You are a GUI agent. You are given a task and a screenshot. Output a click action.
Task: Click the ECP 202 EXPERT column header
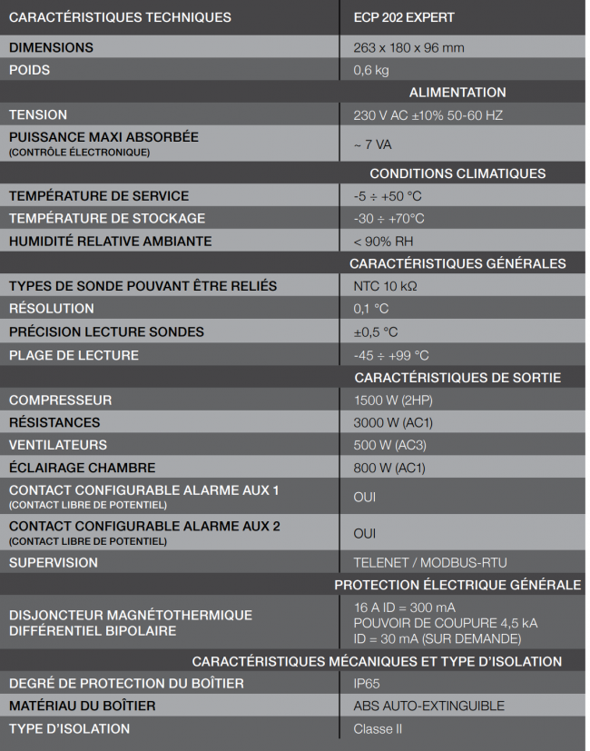pos(404,17)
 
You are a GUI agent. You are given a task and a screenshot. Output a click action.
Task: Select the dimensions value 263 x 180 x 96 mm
pos(408,47)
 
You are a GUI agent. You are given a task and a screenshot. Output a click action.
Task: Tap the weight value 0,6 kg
pos(370,70)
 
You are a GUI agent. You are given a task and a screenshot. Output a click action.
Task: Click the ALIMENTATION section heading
pos(457,93)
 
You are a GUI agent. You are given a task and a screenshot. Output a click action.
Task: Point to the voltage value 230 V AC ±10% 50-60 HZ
pos(428,115)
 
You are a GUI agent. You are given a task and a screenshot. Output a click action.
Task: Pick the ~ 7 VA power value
pos(372,144)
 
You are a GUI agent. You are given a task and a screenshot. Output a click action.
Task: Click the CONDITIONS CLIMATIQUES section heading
pos(457,173)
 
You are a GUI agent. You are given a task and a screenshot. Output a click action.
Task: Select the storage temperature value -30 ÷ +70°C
pos(388,218)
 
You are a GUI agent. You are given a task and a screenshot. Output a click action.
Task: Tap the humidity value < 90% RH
pos(384,241)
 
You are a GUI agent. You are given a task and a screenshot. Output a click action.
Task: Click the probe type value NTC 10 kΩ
pos(384,286)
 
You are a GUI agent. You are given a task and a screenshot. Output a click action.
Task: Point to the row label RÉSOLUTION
pos(52,309)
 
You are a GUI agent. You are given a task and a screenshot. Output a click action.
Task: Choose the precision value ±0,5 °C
pos(376,331)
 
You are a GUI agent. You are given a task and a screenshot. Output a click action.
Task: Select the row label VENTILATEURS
pos(58,445)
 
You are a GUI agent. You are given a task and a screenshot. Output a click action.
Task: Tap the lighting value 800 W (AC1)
pos(388,468)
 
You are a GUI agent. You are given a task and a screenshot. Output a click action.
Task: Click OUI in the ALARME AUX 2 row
pos(364,533)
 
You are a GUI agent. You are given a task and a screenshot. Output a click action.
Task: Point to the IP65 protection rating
pos(366,683)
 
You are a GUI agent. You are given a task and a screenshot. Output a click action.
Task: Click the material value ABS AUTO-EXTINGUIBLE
pos(428,706)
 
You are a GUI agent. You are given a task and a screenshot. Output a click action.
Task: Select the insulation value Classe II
pos(378,728)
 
